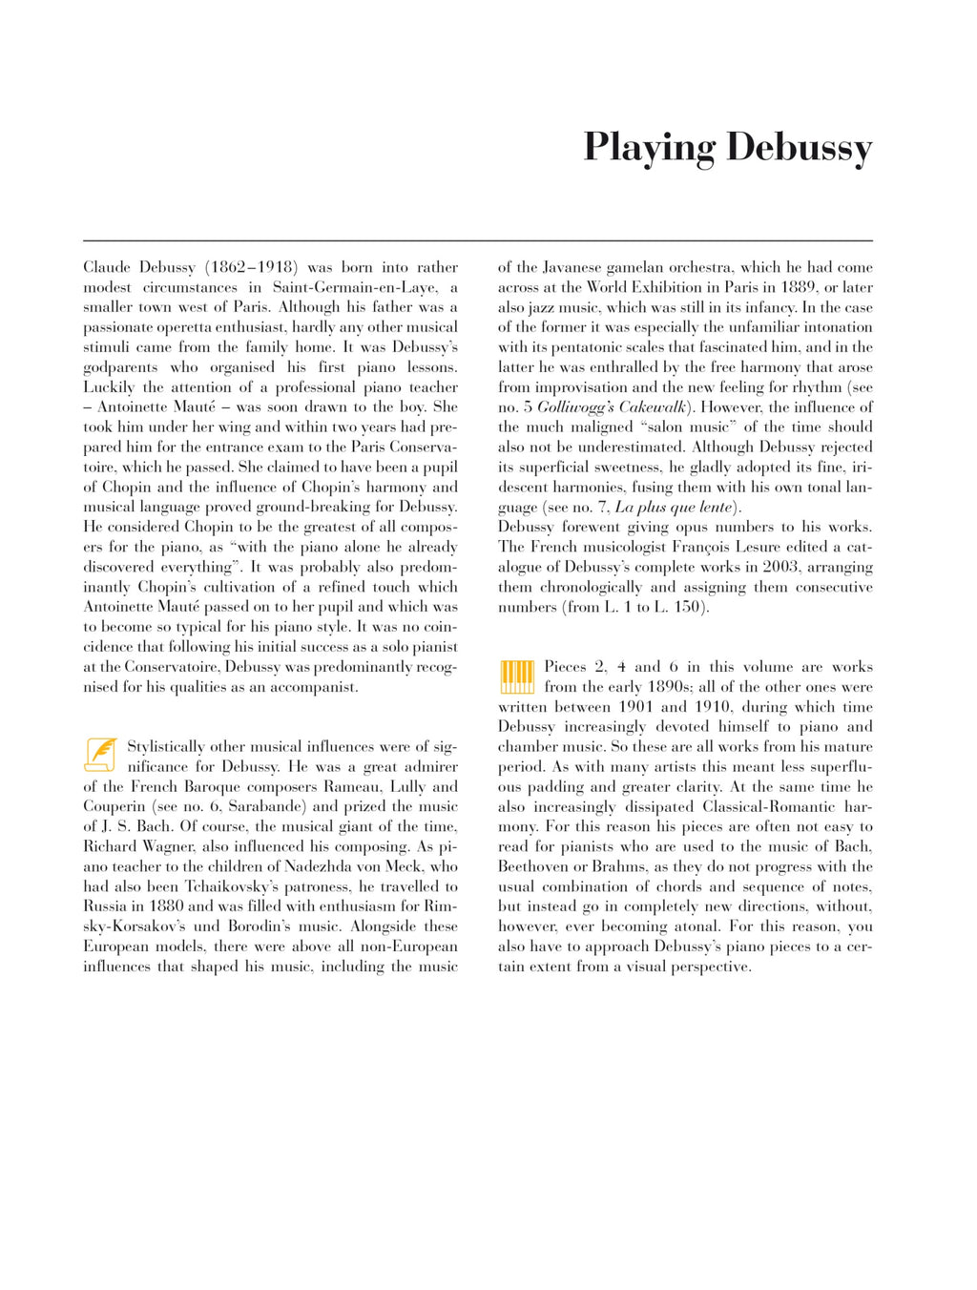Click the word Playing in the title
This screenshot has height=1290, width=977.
pyautogui.click(x=649, y=149)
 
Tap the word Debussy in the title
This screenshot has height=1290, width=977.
pyautogui.click(x=799, y=149)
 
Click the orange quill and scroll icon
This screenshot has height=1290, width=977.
pyautogui.click(x=101, y=755)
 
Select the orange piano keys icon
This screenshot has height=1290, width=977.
pyautogui.click(x=516, y=676)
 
